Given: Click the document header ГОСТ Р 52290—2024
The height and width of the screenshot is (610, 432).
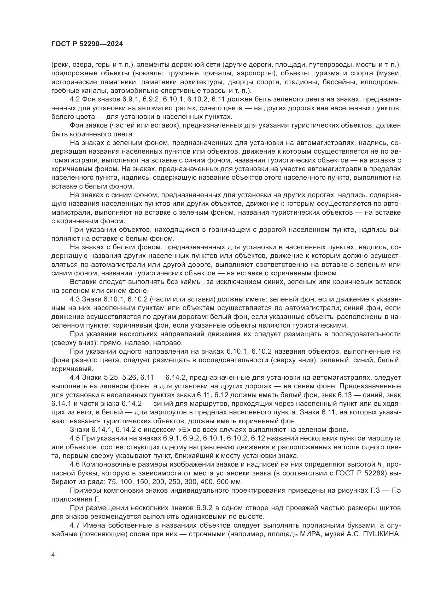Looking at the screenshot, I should click(x=87, y=44).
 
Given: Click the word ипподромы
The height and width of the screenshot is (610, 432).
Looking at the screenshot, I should click(x=380, y=82).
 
